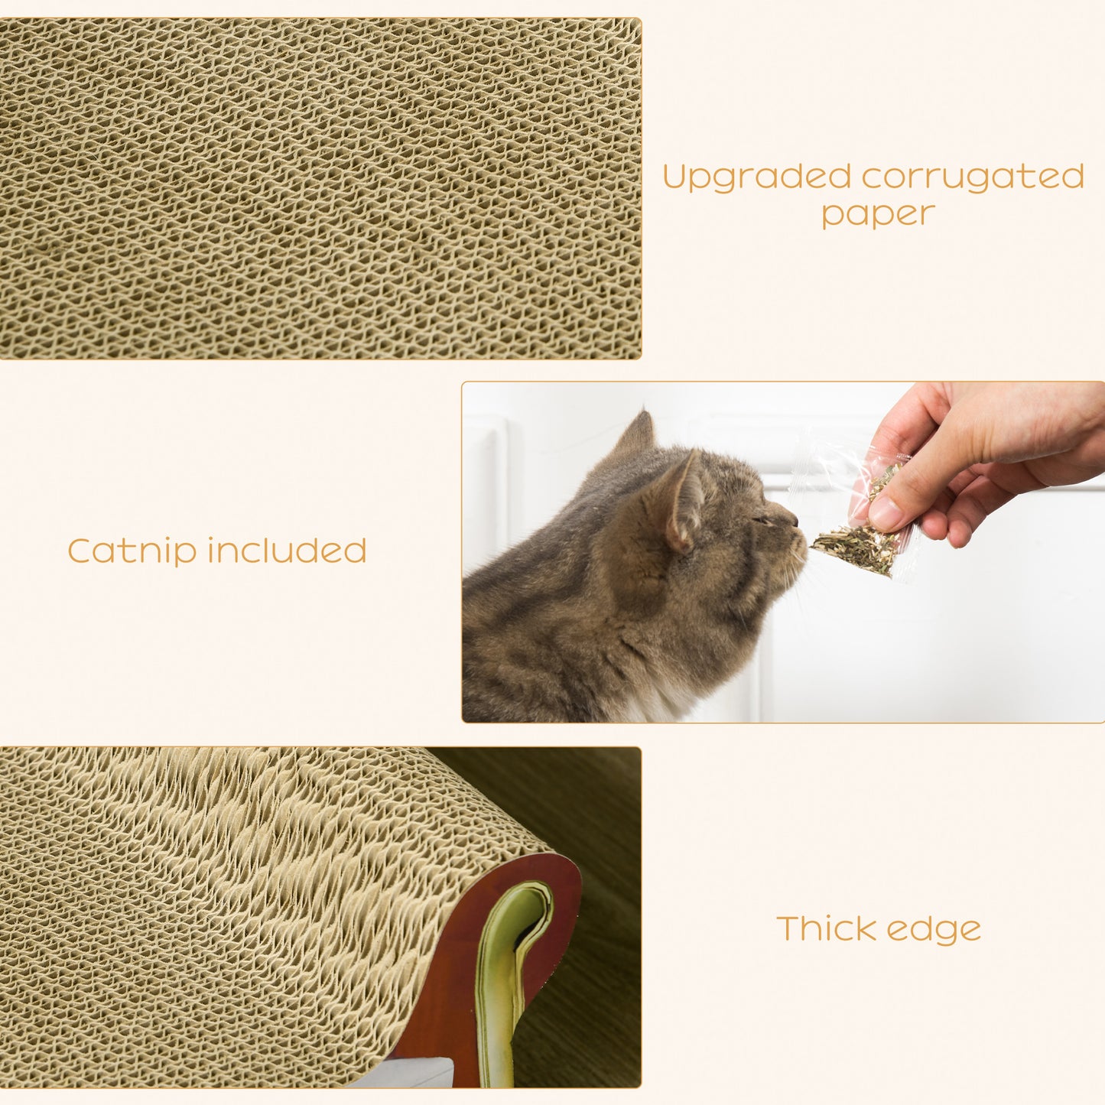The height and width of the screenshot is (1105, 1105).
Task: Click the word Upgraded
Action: pyautogui.click(x=756, y=177)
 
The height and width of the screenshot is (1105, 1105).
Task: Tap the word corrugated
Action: pyautogui.click(x=973, y=177)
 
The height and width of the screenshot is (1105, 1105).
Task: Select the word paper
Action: pyautogui.click(x=878, y=214)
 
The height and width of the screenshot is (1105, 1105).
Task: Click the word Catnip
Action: pyautogui.click(x=131, y=551)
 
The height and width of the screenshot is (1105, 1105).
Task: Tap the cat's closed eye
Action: pyautogui.click(x=761, y=519)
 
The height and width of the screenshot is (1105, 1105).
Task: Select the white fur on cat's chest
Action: pyautogui.click(x=658, y=700)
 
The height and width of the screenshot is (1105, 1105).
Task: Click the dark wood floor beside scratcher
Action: pyautogui.click(x=596, y=956)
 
